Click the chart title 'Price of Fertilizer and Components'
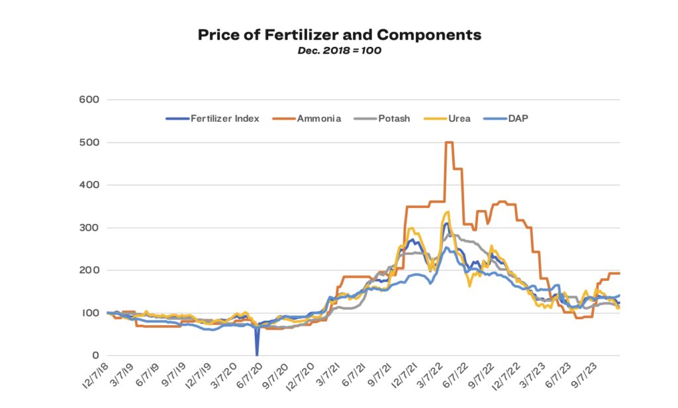point(339,35)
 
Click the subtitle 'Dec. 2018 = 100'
point(339,50)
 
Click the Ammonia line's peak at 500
point(449,142)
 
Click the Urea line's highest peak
point(448,212)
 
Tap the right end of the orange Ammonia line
point(618,274)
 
